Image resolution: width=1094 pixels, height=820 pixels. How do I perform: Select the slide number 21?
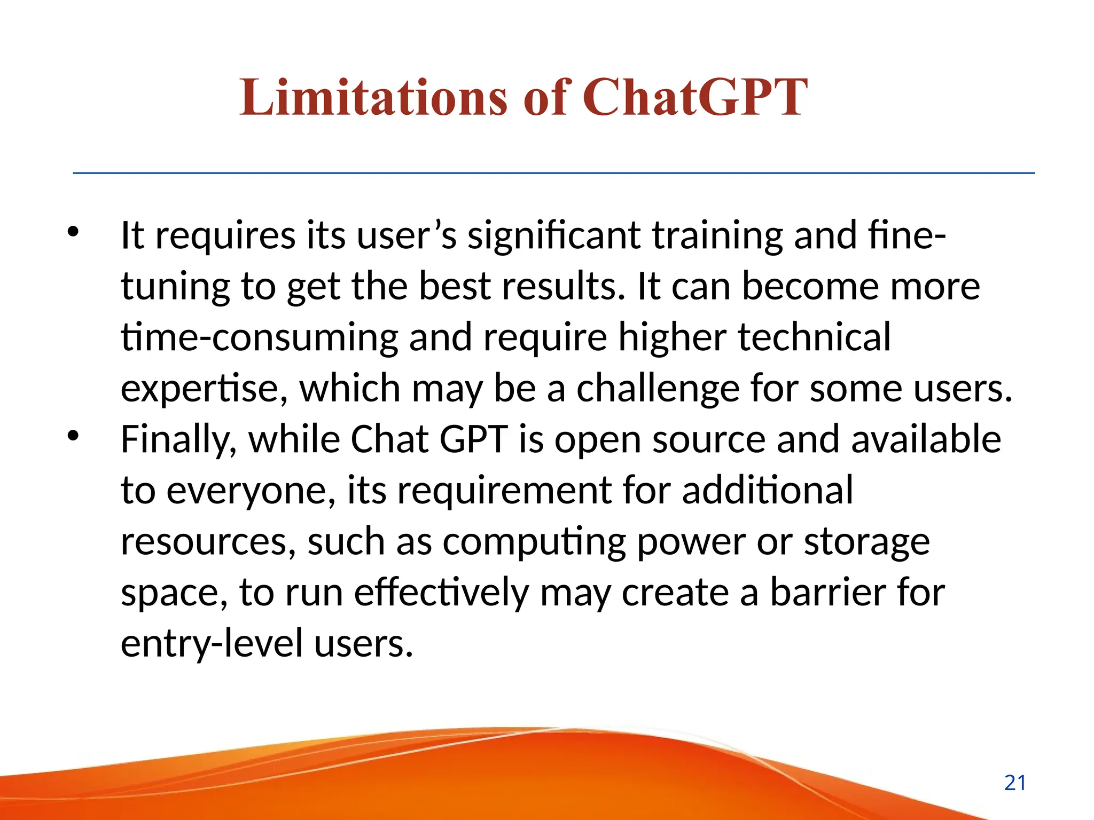(x=1015, y=783)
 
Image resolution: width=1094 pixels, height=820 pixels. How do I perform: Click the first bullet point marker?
(x=73, y=232)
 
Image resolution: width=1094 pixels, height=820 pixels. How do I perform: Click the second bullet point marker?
(x=73, y=436)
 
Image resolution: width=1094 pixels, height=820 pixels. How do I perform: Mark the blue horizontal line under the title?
(x=553, y=173)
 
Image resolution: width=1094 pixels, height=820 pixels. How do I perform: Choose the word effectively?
(x=441, y=592)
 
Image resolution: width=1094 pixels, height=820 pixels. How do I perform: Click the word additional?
(x=767, y=490)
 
